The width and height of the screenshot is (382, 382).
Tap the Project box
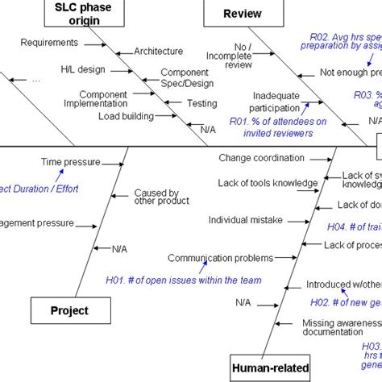pos(69,310)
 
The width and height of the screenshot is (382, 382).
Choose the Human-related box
pos(269,369)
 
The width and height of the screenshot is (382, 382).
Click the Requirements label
pos(48,43)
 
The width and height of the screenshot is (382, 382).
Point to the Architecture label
pos(158,52)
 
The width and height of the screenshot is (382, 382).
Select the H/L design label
pos(83,69)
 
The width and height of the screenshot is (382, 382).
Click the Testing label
pos(201,104)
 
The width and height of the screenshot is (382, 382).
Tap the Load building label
pos(127,116)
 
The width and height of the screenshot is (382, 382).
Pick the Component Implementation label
pos(102,98)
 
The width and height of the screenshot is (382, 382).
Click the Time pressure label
pos(70,162)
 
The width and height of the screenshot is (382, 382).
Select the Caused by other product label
pos(156,197)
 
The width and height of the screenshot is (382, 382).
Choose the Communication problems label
pos(209,258)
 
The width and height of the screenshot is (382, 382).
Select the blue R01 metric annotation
pos(278,127)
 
